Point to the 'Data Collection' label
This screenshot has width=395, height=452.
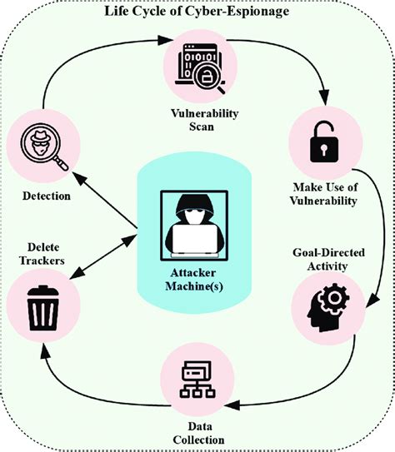pyautogui.click(x=197, y=433)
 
